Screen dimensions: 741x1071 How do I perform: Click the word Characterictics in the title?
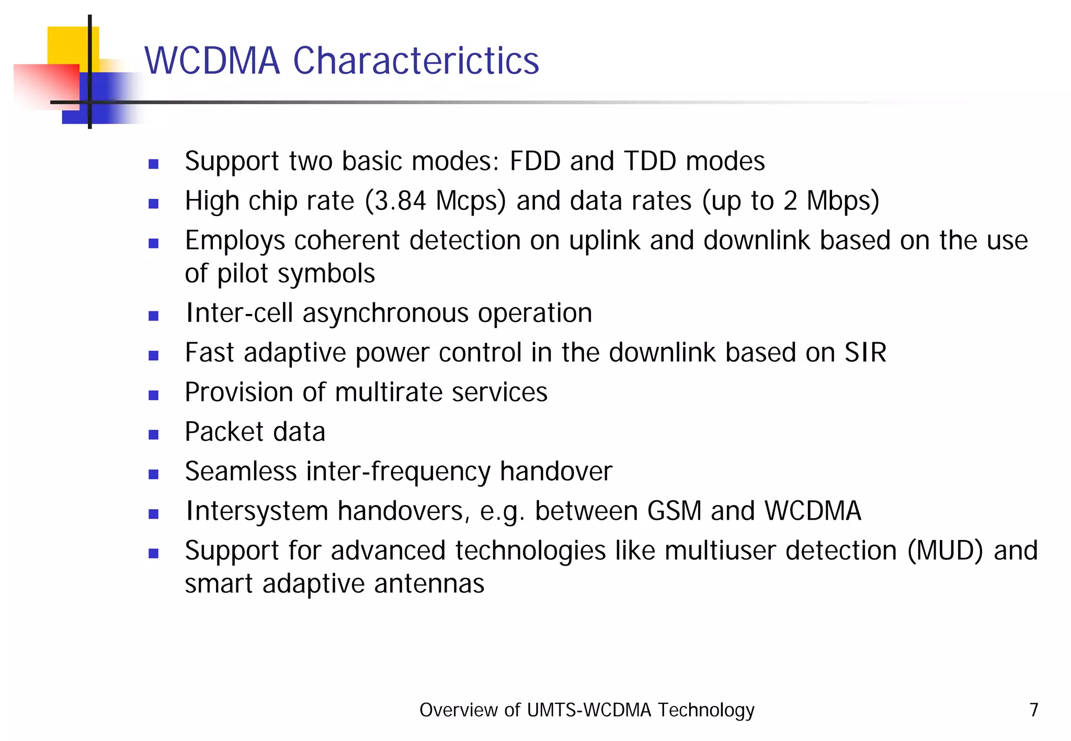coord(416,61)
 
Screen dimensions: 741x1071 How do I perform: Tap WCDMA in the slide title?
coord(212,61)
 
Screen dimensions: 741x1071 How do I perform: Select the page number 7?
coord(1033,710)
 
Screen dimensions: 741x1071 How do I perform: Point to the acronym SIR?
coord(865,353)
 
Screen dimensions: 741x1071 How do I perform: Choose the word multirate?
coord(388,392)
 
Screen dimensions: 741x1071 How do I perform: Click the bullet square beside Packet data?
coord(153,434)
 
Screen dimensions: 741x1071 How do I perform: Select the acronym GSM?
coord(674,511)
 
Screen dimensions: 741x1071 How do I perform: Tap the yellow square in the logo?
coord(68,45)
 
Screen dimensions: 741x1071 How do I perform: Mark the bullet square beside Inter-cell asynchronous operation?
coord(153,316)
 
